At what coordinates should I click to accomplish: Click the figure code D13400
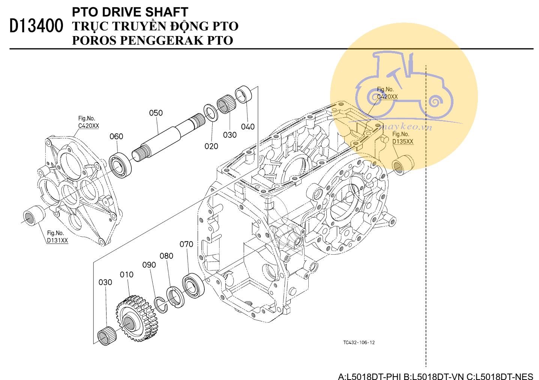coord(36,26)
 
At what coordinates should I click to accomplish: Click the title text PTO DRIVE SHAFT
coord(130,12)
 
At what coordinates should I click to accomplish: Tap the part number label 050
coord(156,113)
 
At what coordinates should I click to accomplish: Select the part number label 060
coord(116,136)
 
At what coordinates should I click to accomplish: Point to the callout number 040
coord(248,127)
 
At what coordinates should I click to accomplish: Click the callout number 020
coord(211,146)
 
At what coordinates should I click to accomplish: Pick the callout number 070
coord(186,244)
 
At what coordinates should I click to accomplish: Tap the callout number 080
coord(166,256)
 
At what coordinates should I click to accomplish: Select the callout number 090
coord(149,265)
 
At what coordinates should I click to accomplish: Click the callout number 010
coord(126,275)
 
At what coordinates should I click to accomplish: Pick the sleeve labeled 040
coord(243,94)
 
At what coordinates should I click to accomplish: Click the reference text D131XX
coord(57,240)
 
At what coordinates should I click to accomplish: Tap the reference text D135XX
coord(402,141)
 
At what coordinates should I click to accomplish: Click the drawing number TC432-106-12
coord(359,342)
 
